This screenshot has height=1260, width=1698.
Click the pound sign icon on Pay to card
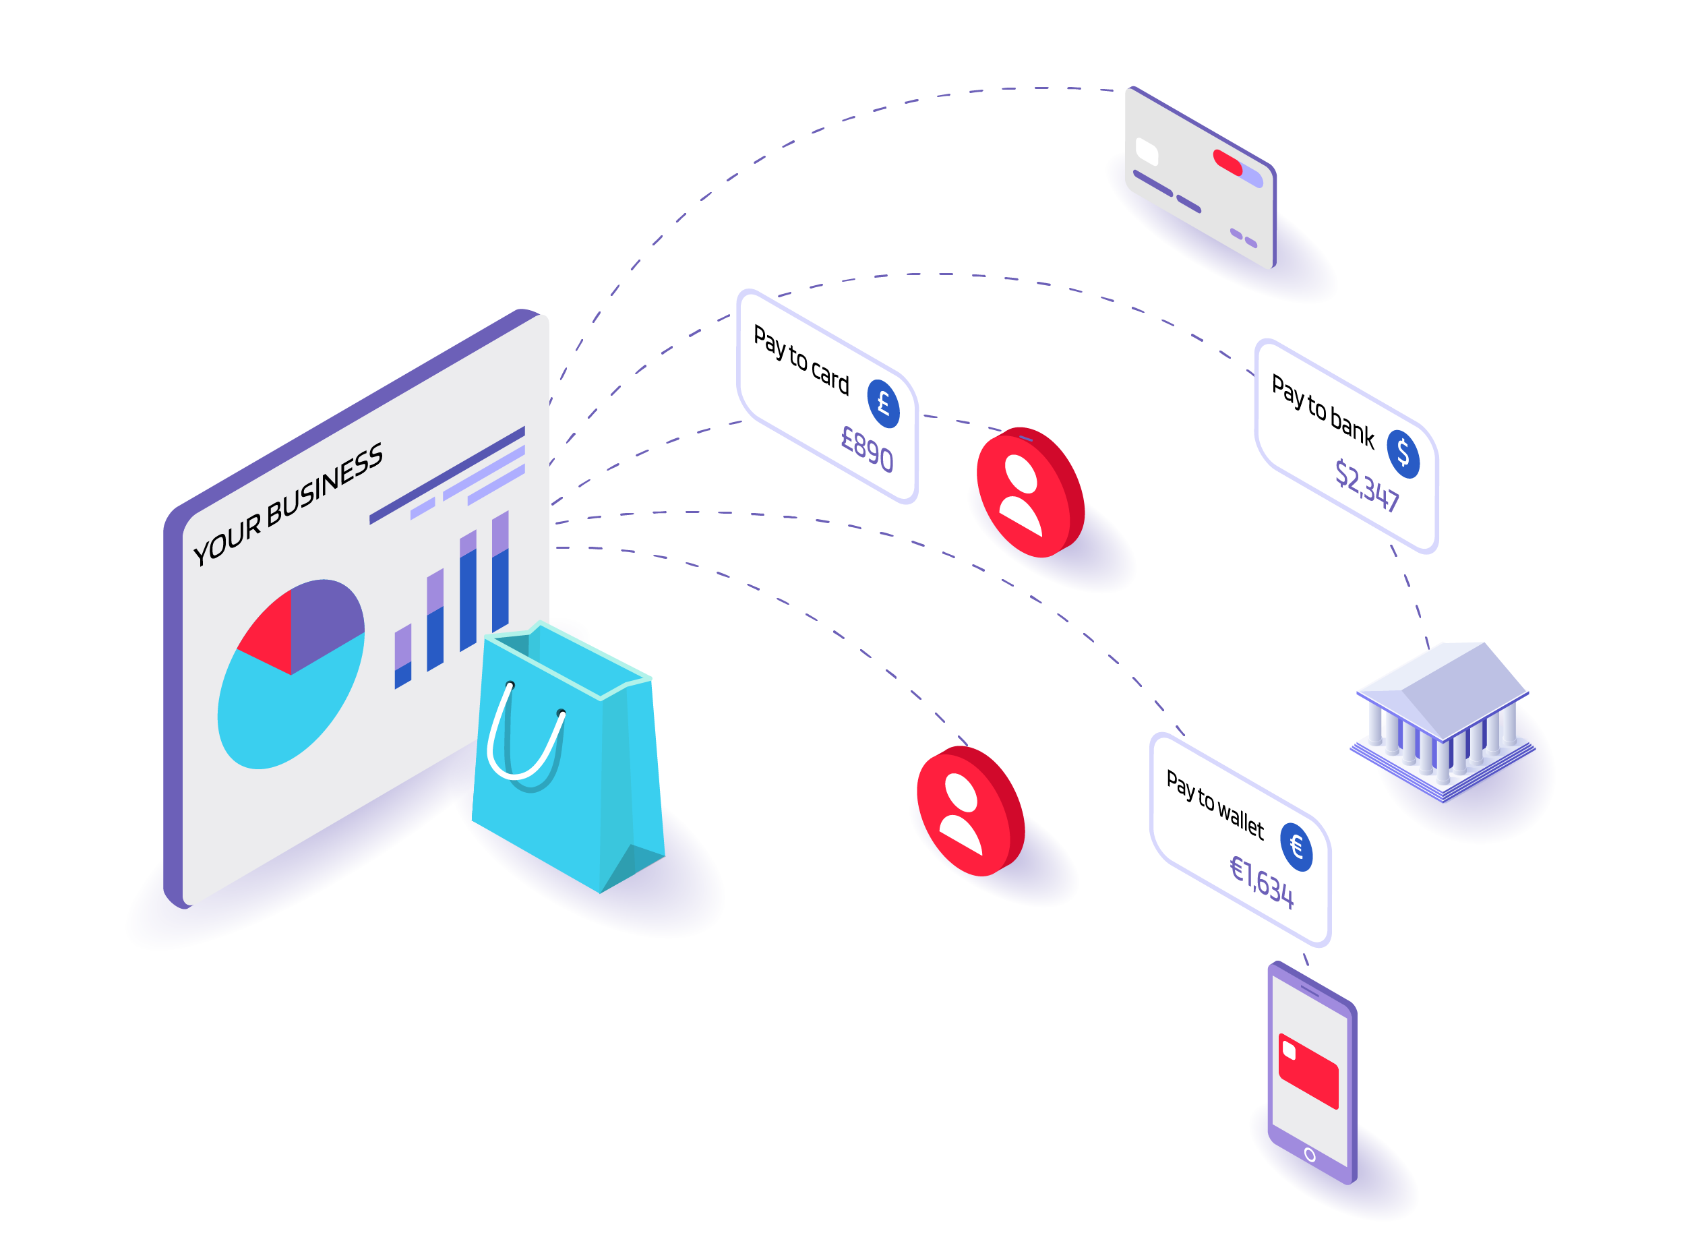coord(883,403)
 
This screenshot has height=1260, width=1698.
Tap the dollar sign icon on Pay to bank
coord(1402,454)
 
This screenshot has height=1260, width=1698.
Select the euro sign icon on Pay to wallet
coord(1296,847)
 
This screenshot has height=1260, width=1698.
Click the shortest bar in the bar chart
coord(402,656)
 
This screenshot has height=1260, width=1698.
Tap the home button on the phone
coord(1310,1155)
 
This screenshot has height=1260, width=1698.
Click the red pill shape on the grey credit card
coord(1227,162)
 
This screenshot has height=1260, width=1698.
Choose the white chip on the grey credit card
coord(1146,151)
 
